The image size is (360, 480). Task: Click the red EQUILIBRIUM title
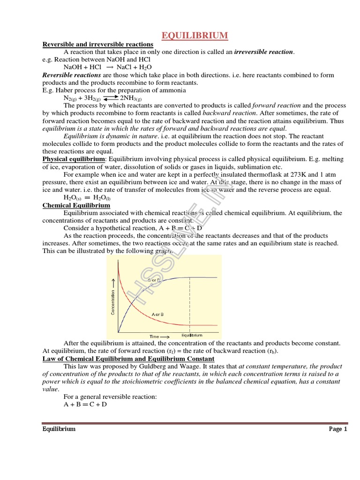coord(195,36)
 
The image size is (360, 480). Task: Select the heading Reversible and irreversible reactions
coord(98,44)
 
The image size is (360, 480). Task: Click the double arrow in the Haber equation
coord(111,98)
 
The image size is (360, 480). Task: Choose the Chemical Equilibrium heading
coord(76,205)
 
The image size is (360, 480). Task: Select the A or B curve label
coord(158,313)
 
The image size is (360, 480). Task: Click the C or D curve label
coord(155,280)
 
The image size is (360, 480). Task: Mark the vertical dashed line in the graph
coord(189,305)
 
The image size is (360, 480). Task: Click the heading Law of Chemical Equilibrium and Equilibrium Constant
coord(122,359)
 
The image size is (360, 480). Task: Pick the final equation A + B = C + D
coord(85,404)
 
